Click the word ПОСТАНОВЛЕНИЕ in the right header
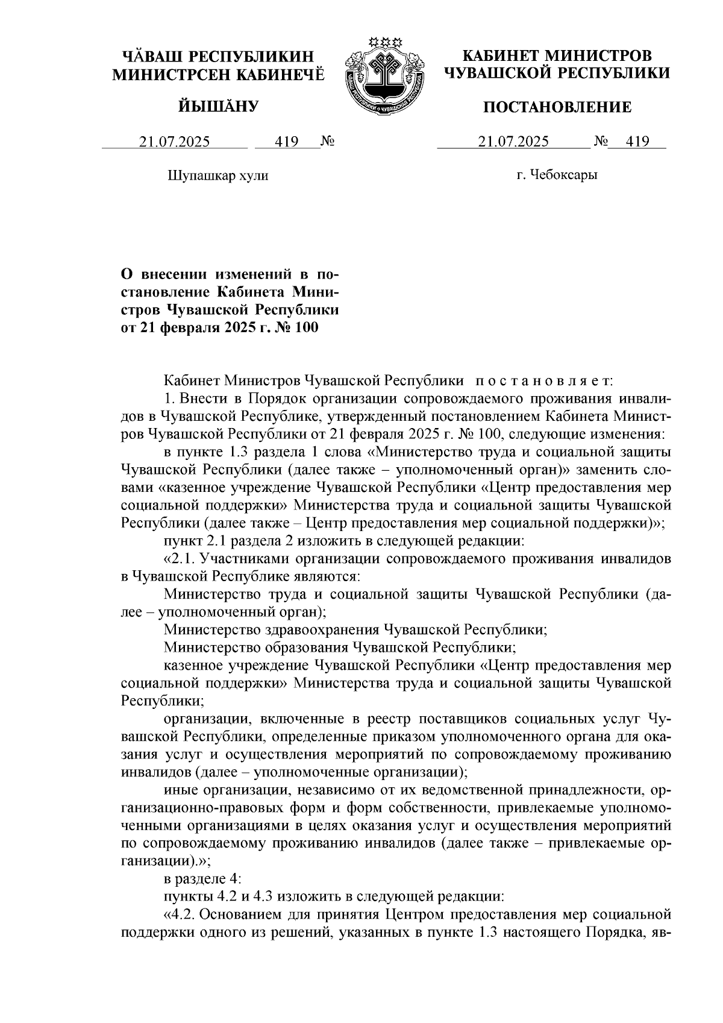558,107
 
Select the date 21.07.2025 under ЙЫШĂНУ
174,142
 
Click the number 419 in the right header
637,142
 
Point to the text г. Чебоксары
557,175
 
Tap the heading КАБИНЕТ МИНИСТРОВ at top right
557,56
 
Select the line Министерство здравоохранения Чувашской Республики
355,630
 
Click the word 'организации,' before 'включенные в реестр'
204,719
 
